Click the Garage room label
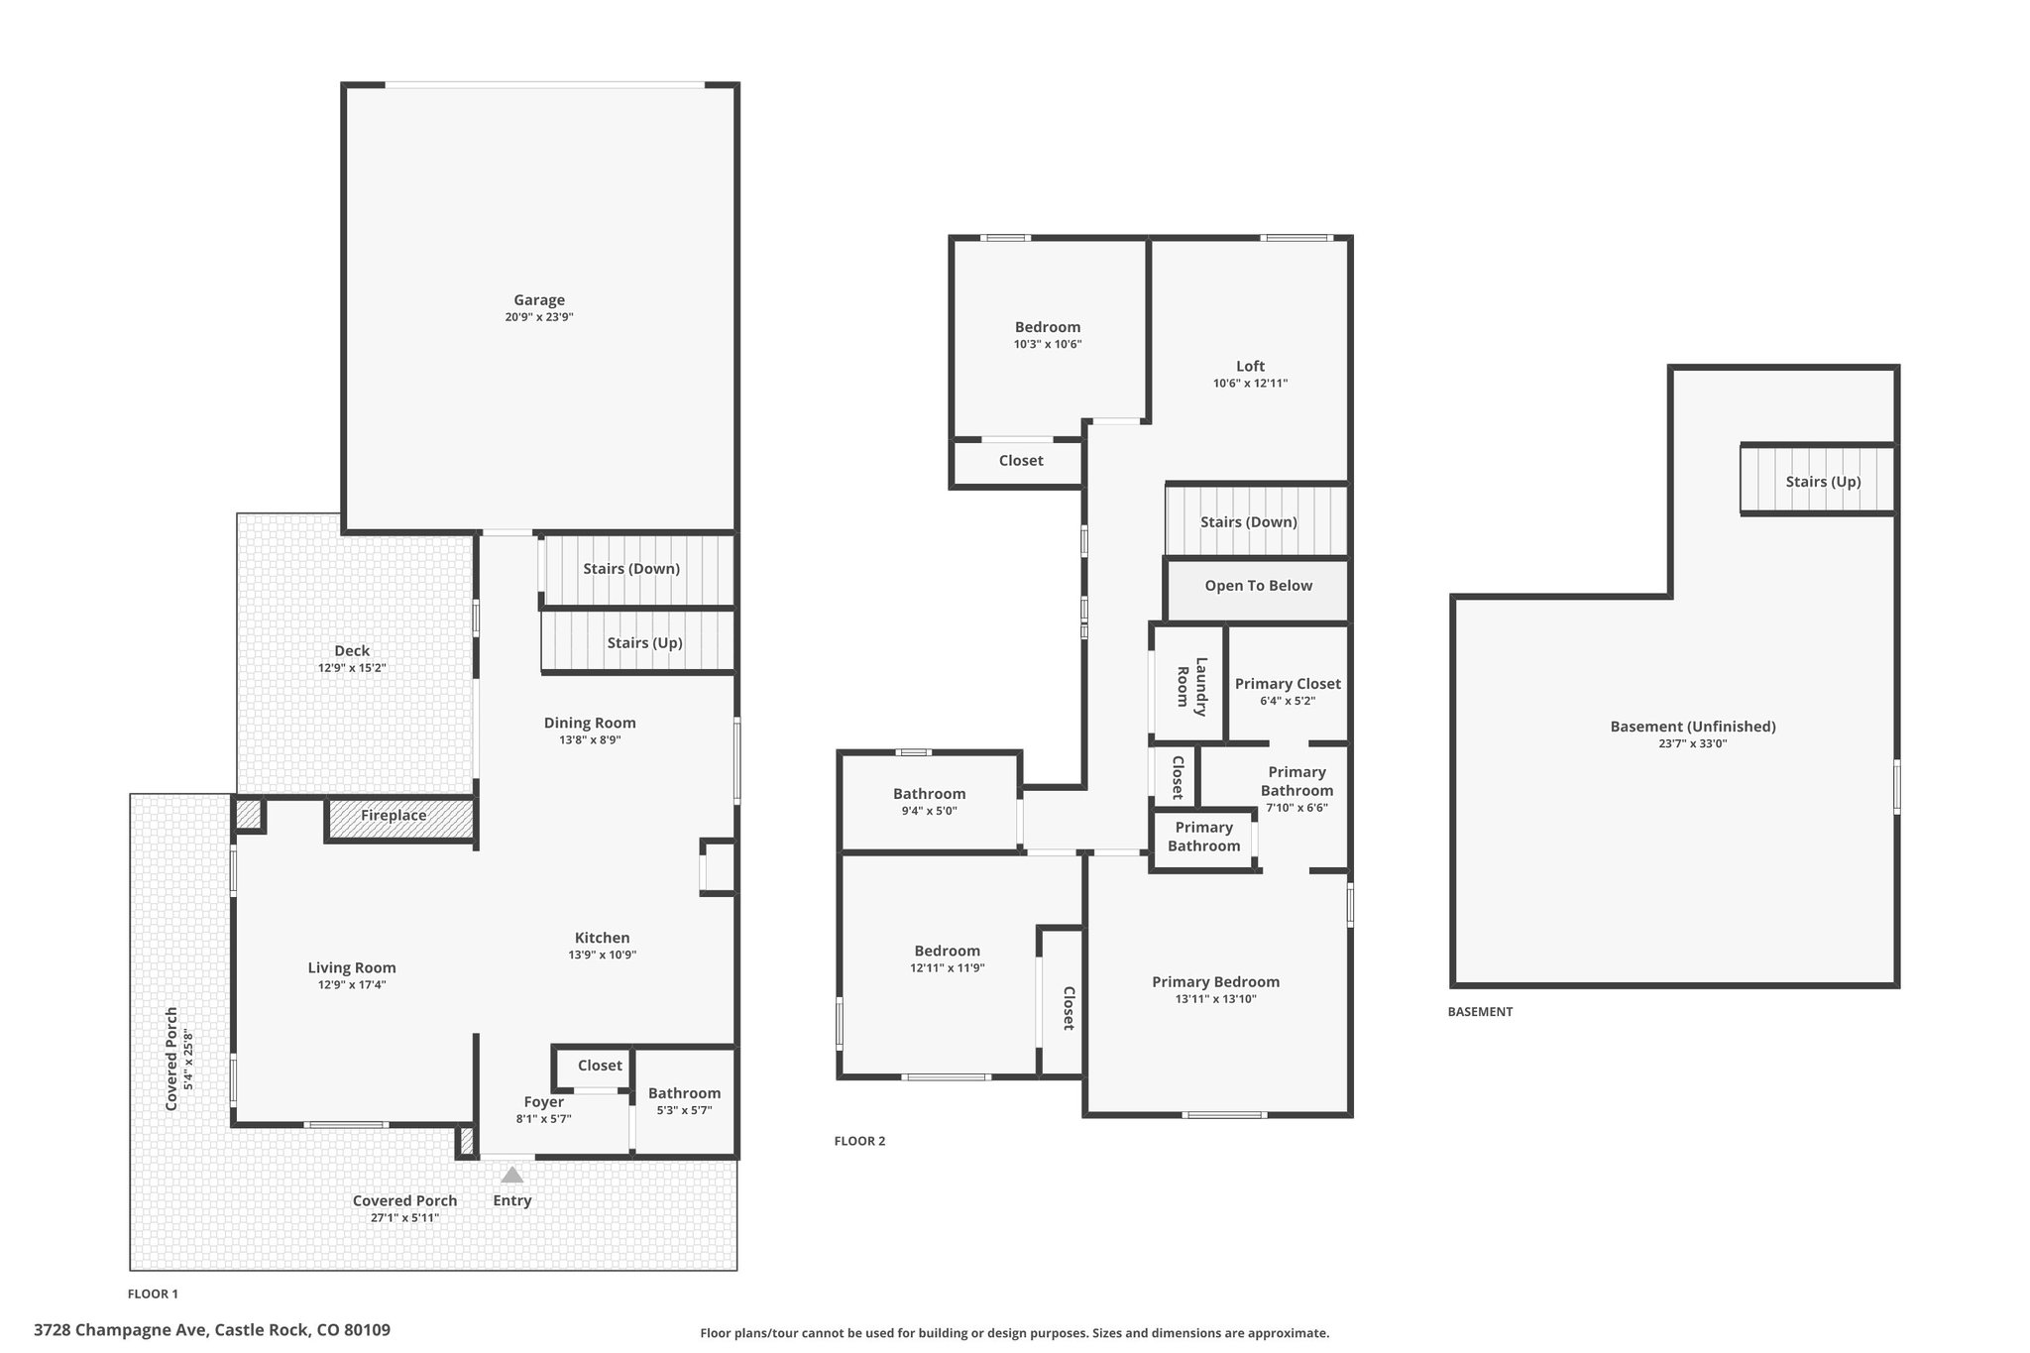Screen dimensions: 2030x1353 (x=539, y=299)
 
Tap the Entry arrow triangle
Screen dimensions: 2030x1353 (x=511, y=1175)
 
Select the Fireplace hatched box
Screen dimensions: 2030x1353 (x=399, y=819)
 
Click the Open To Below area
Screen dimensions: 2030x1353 (x=1257, y=590)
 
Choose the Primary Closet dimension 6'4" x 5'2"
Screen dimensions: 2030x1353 (x=1288, y=701)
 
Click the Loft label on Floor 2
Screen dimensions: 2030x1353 (x=1250, y=366)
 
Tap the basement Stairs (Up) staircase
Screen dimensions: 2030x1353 (x=1818, y=480)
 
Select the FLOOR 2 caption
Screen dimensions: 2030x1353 (x=859, y=1141)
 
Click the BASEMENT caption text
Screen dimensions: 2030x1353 (x=1480, y=1012)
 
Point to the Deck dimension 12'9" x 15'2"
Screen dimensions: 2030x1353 (x=352, y=668)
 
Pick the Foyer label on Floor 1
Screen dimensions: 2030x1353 (x=544, y=1101)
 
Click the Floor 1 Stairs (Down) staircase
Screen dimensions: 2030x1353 (x=637, y=571)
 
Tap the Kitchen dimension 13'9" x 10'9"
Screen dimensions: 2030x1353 (x=603, y=955)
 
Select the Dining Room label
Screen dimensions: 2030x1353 (x=590, y=723)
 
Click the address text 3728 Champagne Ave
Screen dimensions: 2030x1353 (x=120, y=1330)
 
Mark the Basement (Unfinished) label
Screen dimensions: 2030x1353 (x=1693, y=727)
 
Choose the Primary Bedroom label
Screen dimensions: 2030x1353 (x=1215, y=981)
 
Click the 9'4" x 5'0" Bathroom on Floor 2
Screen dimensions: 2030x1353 (x=929, y=801)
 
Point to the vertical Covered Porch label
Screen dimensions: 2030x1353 (x=171, y=1059)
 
